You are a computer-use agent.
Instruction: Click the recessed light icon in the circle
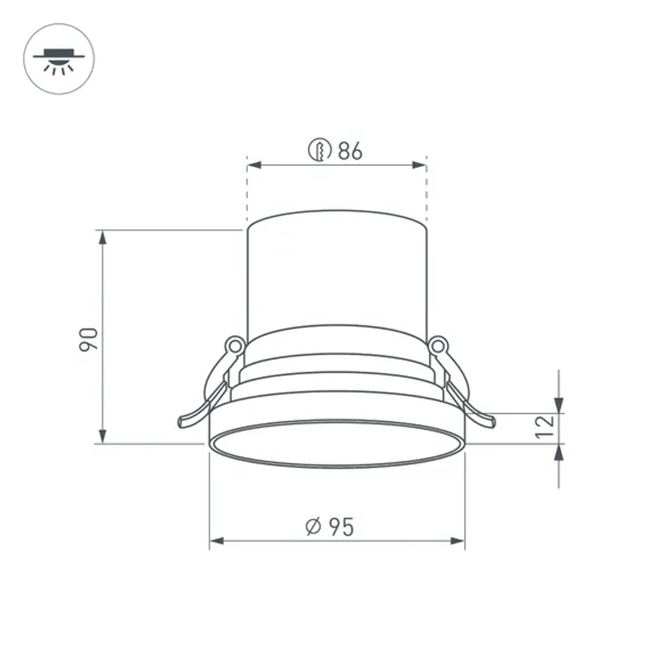click(59, 59)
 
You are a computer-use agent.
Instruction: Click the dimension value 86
click(349, 151)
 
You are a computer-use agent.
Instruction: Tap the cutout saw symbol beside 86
click(320, 150)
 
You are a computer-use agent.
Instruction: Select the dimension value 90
click(89, 339)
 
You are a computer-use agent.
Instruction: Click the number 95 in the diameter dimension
click(340, 527)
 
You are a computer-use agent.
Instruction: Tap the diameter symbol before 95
click(313, 527)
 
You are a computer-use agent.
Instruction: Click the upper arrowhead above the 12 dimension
click(558, 405)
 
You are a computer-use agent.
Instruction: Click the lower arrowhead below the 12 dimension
click(558, 452)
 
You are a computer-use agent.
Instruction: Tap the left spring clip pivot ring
click(234, 345)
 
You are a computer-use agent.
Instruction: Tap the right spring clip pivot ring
click(438, 345)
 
